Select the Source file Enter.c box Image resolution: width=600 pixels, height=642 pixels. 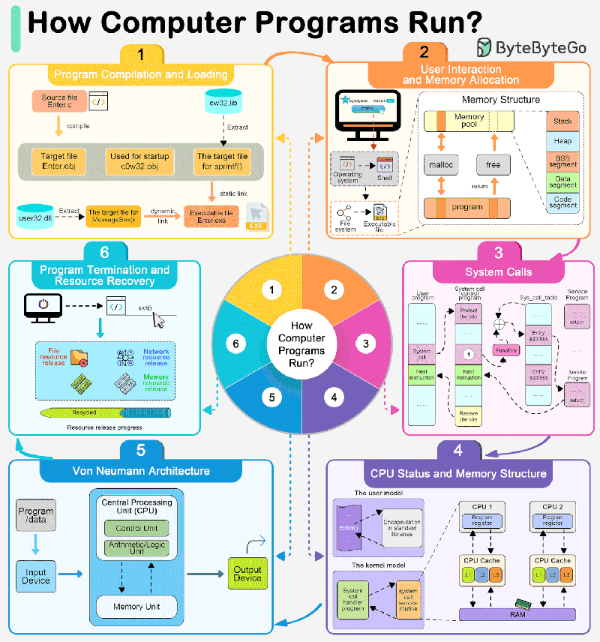click(60, 102)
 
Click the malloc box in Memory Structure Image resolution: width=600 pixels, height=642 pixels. click(439, 164)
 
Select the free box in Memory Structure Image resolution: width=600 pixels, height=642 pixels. click(493, 164)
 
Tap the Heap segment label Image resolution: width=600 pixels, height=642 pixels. click(562, 141)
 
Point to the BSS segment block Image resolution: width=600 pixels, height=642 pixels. click(562, 160)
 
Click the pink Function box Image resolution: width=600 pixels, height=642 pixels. click(505, 349)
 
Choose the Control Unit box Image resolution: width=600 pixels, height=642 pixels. click(136, 528)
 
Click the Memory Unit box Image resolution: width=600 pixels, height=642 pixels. click(136, 606)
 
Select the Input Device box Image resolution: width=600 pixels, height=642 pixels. click(36, 576)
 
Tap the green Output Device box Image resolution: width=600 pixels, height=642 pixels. click(247, 574)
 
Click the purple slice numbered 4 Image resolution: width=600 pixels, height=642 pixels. click(334, 397)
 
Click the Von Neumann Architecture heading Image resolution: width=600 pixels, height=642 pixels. click(141, 472)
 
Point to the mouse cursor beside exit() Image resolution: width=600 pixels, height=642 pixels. click(159, 320)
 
